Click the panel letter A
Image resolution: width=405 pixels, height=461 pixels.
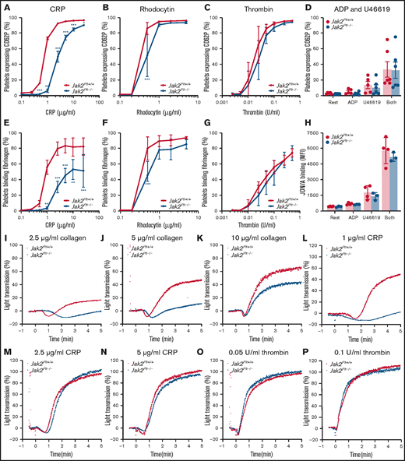tap(6, 7)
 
